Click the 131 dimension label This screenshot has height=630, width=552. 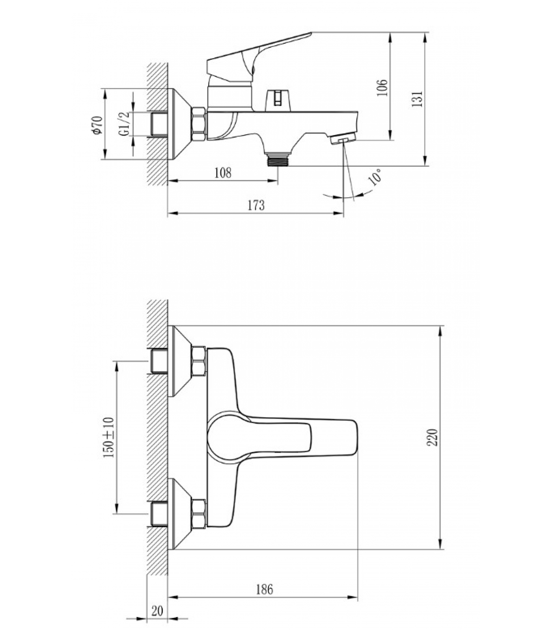point(417,99)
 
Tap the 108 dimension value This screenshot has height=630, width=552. point(223,172)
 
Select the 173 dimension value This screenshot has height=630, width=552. point(256,205)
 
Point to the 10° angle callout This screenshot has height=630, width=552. point(375,177)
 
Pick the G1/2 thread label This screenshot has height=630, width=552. point(124,124)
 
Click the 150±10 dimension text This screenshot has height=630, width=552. point(108,437)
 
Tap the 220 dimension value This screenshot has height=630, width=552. point(433,437)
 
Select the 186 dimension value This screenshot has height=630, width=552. point(265,589)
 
